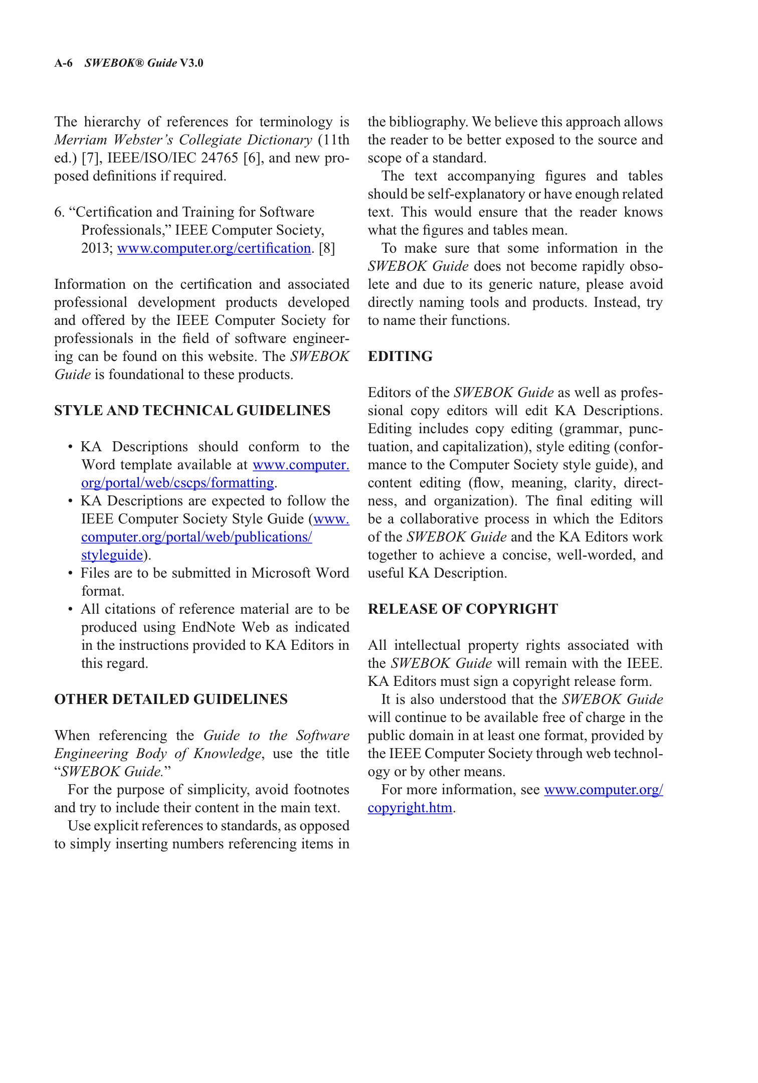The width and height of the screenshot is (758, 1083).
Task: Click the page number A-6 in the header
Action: [63, 63]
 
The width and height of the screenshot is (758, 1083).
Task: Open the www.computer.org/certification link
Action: [214, 248]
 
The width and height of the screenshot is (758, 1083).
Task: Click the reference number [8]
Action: [327, 248]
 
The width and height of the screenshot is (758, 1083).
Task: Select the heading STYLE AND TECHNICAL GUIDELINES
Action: [192, 411]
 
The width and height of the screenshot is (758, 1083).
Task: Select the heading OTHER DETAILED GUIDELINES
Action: [170, 699]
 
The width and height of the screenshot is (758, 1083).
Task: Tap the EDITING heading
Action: [400, 356]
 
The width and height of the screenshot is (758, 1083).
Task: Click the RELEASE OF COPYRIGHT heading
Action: [462, 609]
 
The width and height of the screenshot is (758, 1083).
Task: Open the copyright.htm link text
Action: [410, 808]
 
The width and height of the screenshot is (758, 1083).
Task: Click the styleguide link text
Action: [112, 555]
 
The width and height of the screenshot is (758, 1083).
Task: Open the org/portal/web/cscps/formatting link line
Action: [177, 483]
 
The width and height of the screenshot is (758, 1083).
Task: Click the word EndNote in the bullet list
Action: [209, 627]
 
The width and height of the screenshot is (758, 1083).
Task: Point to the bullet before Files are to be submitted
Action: [71, 573]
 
